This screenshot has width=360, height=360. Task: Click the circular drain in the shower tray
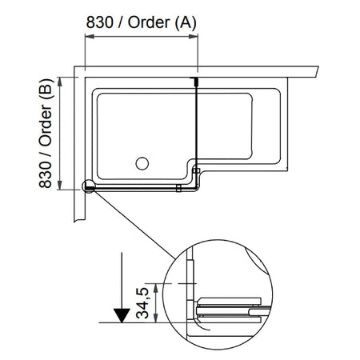(142, 163)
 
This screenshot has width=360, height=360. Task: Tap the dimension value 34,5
(142, 303)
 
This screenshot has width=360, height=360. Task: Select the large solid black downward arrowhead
(122, 315)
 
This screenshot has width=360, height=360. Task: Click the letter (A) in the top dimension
(186, 22)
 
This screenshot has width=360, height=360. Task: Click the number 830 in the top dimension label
(99, 22)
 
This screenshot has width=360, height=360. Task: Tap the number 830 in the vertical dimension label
(46, 174)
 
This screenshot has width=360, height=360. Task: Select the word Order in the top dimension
(149, 22)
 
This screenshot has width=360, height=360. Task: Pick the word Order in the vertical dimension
(46, 126)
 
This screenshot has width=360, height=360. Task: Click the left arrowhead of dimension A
(90, 36)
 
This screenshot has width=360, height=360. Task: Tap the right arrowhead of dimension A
(193, 36)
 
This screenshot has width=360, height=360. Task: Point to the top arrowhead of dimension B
(60, 82)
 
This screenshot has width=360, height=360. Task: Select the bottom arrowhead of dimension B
(60, 185)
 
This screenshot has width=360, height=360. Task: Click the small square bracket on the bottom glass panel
(178, 188)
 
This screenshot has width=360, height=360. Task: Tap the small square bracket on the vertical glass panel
(197, 170)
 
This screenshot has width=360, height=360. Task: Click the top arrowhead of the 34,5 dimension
(156, 288)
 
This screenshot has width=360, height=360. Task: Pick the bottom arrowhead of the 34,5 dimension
(156, 318)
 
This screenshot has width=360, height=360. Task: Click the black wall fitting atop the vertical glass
(196, 81)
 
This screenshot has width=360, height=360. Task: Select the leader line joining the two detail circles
(134, 225)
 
